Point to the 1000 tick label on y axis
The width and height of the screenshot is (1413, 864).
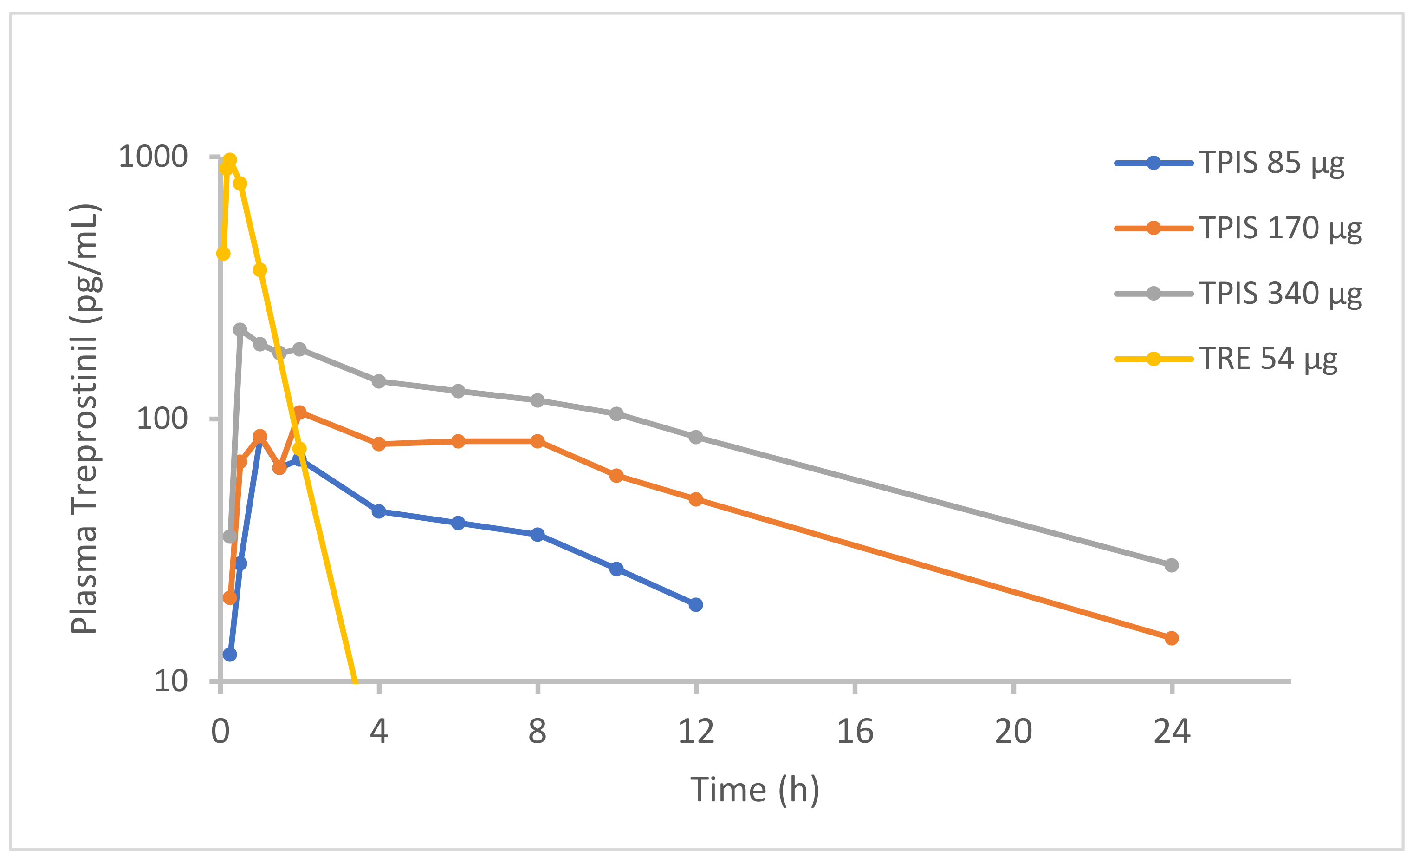[x=153, y=157]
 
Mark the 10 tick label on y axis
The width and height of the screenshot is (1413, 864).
[x=171, y=681]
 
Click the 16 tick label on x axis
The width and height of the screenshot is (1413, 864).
[x=855, y=732]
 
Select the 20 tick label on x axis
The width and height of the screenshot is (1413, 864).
[x=1013, y=732]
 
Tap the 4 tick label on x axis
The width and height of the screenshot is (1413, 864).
[x=378, y=732]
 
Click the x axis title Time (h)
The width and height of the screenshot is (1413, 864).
[x=755, y=790]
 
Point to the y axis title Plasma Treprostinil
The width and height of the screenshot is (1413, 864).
[x=84, y=419]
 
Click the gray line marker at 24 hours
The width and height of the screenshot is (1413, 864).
[x=1172, y=565]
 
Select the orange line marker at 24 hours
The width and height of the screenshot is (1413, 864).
[x=1172, y=638]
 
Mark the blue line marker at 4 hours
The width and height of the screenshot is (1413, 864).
[x=378, y=511]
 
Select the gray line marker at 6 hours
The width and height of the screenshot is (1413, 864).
[x=458, y=391]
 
